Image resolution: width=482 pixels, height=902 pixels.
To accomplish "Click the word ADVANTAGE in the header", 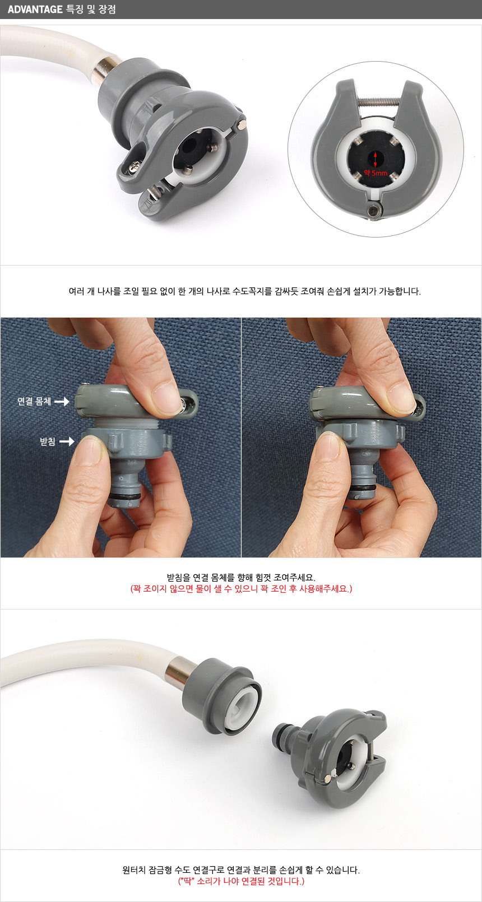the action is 35,10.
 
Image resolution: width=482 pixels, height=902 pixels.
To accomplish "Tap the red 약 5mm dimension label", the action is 376,173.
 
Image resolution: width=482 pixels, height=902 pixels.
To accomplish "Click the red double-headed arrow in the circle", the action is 376,159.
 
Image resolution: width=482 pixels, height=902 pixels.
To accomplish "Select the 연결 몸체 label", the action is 34,401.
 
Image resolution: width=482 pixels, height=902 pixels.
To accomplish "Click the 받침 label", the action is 48,441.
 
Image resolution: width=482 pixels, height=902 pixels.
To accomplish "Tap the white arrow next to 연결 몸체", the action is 62,402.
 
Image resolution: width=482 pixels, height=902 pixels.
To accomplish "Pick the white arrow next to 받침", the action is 67,441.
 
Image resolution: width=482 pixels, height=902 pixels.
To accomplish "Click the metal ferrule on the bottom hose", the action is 176,671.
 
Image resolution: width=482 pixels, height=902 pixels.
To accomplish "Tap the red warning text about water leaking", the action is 241,589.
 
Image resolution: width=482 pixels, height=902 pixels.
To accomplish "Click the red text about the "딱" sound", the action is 241,881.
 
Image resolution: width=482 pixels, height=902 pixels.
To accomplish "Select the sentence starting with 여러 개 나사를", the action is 244,291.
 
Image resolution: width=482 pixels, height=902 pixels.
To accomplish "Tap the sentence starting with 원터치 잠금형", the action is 241,870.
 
